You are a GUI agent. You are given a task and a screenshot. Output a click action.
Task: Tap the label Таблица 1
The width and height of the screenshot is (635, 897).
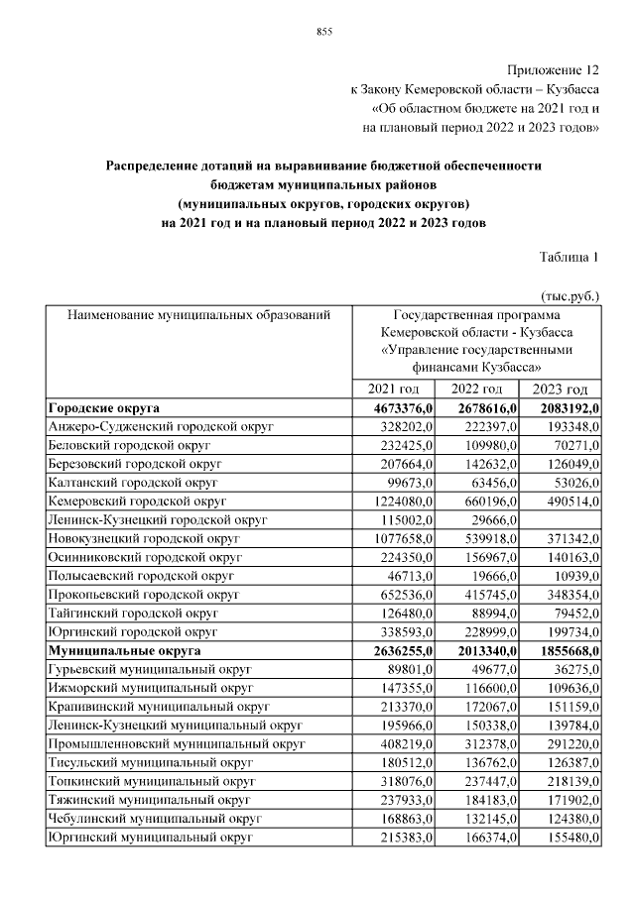pyautogui.click(x=569, y=258)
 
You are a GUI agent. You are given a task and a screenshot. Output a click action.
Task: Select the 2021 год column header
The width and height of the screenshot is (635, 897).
pyautogui.click(x=394, y=390)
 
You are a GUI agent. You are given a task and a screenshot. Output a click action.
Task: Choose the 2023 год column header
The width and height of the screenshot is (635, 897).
pyautogui.click(x=560, y=390)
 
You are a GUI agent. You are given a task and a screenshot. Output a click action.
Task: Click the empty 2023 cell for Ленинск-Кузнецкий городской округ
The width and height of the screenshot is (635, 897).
pyautogui.click(x=562, y=520)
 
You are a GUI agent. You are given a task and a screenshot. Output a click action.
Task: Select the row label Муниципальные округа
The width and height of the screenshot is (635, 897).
pyautogui.click(x=124, y=651)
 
